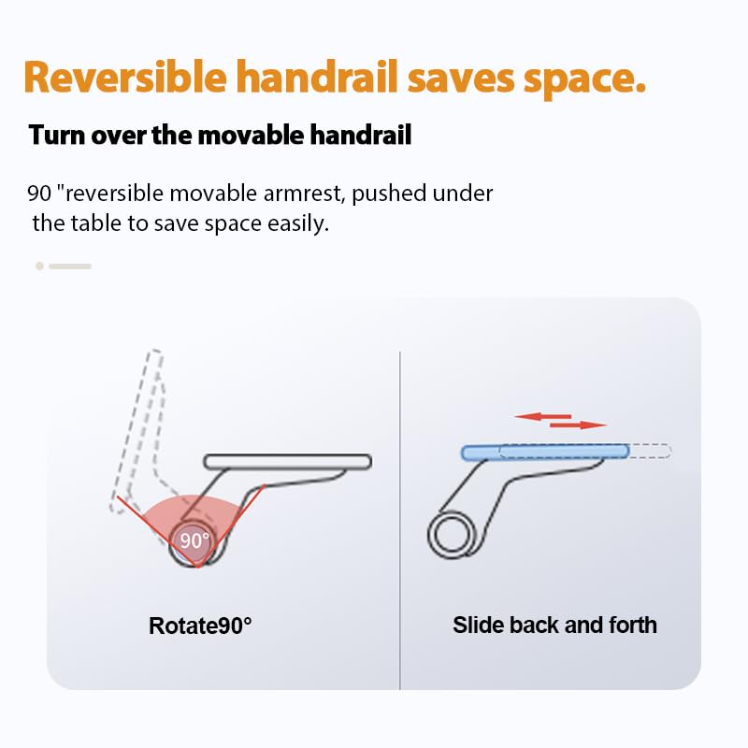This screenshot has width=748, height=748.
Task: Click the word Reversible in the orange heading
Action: (x=125, y=77)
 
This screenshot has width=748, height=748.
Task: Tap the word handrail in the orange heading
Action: (x=317, y=77)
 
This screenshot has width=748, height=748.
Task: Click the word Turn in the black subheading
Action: (x=56, y=135)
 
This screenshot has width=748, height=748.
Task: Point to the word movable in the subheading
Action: (x=251, y=135)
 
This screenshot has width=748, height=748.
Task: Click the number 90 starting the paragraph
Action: (x=39, y=194)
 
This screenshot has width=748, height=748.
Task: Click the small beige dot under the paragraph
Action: (x=39, y=266)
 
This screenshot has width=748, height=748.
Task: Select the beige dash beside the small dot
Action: (x=70, y=266)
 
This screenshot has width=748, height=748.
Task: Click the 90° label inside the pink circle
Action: (x=194, y=540)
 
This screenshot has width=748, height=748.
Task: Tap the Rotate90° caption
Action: (x=200, y=626)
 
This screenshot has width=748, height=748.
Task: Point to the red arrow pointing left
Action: (x=543, y=416)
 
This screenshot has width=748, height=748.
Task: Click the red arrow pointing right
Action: (x=578, y=424)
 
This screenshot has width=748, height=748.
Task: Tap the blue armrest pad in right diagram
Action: (x=545, y=452)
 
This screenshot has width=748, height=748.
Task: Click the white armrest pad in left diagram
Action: (x=288, y=462)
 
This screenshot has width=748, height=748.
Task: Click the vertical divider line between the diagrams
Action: (x=400, y=521)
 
